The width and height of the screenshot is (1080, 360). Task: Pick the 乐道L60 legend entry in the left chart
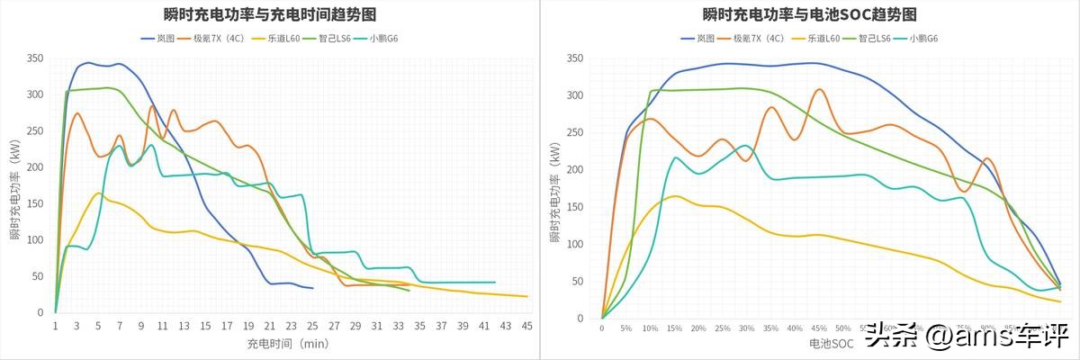click(281, 39)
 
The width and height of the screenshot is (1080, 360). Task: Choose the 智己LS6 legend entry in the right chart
click(867, 39)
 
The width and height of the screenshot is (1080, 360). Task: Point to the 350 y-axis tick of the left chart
click(35, 58)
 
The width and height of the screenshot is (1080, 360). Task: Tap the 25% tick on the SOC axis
click(722, 328)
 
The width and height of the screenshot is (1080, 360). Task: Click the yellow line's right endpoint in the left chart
click(527, 296)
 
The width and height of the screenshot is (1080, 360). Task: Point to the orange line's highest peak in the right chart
click(819, 89)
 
